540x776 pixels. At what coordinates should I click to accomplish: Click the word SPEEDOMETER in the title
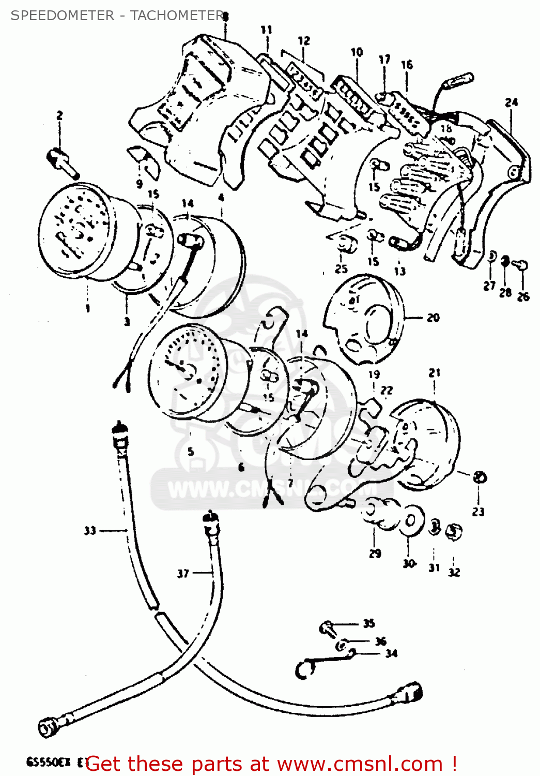[x=63, y=16]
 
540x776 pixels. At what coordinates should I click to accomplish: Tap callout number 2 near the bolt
[x=59, y=115]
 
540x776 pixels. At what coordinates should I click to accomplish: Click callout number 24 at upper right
[x=511, y=102]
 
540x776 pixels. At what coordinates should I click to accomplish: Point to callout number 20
[x=433, y=318]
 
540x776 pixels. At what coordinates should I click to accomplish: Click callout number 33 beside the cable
[x=90, y=530]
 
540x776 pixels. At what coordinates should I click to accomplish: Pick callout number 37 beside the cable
[x=183, y=573]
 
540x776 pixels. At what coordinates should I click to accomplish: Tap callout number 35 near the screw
[x=368, y=623]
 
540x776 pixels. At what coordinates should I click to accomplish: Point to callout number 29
[x=375, y=553]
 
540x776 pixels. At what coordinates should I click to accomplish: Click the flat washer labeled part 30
[x=410, y=519]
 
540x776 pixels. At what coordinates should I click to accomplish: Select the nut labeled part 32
[x=454, y=531]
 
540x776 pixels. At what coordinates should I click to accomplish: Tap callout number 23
[x=479, y=512]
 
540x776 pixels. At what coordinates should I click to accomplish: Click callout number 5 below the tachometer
[x=191, y=451]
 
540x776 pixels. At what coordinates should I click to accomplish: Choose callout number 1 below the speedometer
[x=88, y=308]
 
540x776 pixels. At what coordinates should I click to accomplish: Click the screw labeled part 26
[x=522, y=266]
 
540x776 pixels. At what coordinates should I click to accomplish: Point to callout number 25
[x=341, y=269]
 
